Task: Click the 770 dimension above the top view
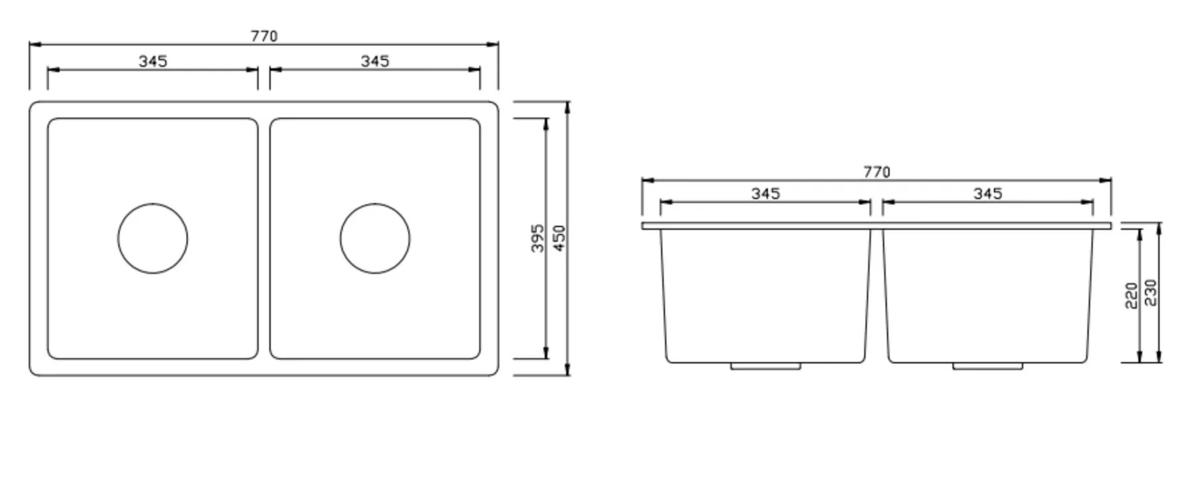point(264,36)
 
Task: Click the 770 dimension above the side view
point(876,172)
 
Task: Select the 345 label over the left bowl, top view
point(153,61)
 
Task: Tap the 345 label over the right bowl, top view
point(375,61)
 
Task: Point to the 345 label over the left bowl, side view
point(765,194)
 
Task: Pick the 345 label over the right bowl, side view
point(988,194)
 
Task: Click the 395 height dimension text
point(538,238)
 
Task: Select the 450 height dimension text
point(560,238)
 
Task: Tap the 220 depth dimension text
point(1132,296)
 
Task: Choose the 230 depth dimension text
point(1151,293)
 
